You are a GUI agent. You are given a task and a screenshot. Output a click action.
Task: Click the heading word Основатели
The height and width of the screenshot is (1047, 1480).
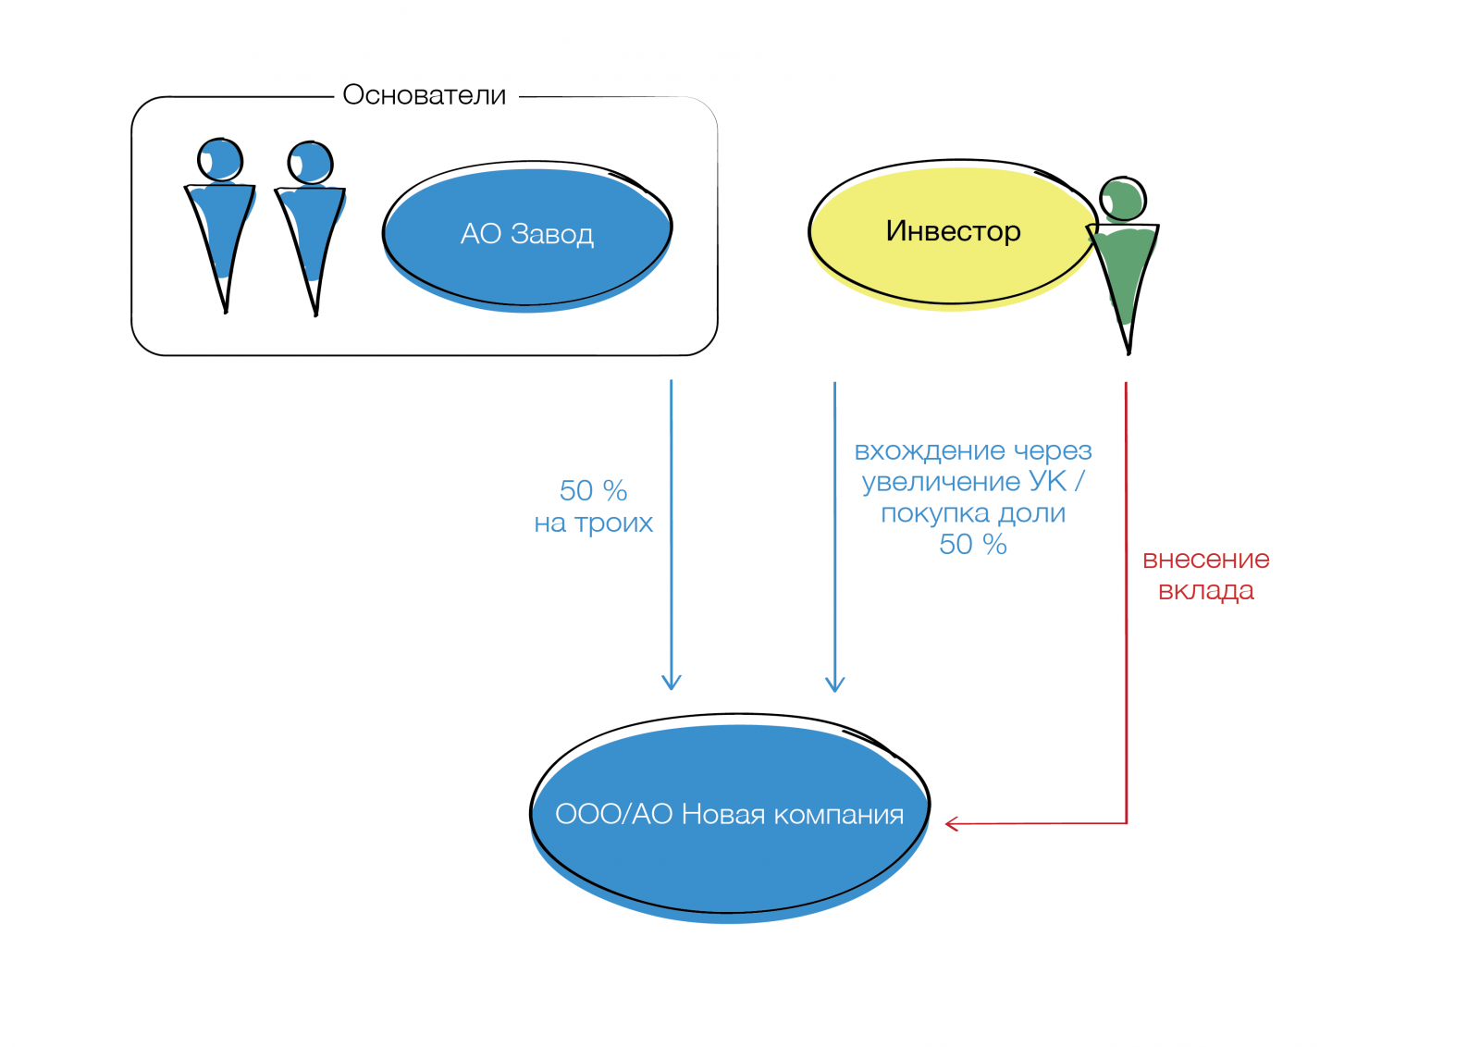pyautogui.click(x=424, y=95)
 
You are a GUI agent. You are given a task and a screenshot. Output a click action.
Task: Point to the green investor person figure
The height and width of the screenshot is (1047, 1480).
pyautogui.click(x=1124, y=268)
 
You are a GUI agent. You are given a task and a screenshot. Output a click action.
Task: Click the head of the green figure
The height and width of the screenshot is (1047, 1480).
pyautogui.click(x=1123, y=199)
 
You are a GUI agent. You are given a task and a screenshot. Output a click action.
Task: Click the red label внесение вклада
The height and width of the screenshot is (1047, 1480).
pyautogui.click(x=1205, y=574)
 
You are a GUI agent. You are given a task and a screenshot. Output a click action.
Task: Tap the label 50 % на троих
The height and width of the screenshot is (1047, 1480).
pyautogui.click(x=593, y=506)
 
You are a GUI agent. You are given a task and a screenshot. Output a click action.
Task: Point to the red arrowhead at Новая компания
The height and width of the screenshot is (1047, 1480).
pyautogui.click(x=951, y=823)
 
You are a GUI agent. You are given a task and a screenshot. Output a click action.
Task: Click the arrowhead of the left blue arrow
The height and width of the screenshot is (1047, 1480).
pyautogui.click(x=672, y=684)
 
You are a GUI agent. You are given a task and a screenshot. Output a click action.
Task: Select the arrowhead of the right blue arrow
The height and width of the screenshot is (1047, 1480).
pyautogui.click(x=834, y=685)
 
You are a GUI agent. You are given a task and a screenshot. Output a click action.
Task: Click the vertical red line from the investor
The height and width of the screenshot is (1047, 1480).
pyautogui.click(x=1126, y=601)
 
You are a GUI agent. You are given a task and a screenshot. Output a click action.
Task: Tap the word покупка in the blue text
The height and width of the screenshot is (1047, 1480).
pyautogui.click(x=922, y=513)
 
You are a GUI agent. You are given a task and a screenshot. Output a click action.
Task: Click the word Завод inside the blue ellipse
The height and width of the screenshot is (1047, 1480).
pyautogui.click(x=551, y=234)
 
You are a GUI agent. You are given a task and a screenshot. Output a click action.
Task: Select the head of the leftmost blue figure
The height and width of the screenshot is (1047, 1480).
pyautogui.click(x=220, y=160)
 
